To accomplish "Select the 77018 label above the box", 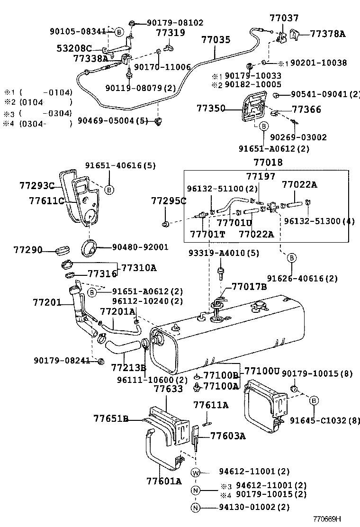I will tap(268, 163).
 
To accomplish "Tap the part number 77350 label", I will tap(211, 109).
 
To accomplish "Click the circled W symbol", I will tap(196, 472).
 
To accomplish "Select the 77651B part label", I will tap(111, 418).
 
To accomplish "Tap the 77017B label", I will tap(249, 287).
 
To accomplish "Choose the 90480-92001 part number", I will tap(140, 247).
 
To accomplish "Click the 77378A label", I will tap(328, 34).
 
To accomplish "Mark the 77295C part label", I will tap(169, 201).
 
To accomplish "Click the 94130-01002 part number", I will tap(247, 507).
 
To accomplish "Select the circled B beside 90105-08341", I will tap(119, 32).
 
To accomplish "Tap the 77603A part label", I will tap(228, 436).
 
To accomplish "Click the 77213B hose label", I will tap(129, 368).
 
